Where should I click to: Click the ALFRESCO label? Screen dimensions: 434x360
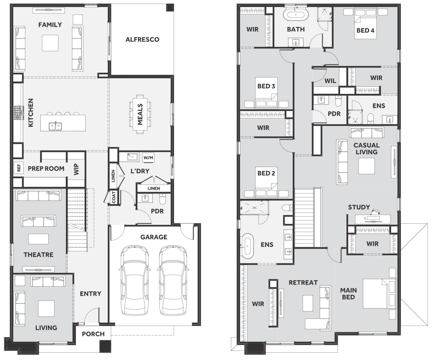pyautogui.click(x=142, y=39)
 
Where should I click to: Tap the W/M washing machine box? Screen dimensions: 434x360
pyautogui.click(x=148, y=158)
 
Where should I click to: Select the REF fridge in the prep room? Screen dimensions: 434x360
pyautogui.click(x=19, y=168)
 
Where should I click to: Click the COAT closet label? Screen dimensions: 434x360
pyautogui.click(x=114, y=197)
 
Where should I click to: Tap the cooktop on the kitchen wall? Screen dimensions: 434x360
pyautogui.click(x=17, y=113)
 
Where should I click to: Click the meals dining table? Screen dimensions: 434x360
pyautogui.click(x=140, y=114)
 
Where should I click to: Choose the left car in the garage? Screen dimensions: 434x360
pyautogui.click(x=135, y=280)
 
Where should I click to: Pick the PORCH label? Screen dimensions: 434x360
pyautogui.click(x=93, y=334)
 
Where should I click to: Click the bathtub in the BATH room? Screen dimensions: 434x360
pyautogui.click(x=296, y=15)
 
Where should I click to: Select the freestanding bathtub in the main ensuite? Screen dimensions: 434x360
pyautogui.click(x=247, y=245)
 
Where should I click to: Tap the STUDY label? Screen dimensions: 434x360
pyautogui.click(x=359, y=207)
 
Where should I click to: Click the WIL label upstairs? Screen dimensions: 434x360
pyautogui.click(x=330, y=81)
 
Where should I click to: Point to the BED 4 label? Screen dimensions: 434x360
pyautogui.click(x=365, y=30)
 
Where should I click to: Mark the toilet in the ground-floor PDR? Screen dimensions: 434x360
pyautogui.click(x=163, y=199)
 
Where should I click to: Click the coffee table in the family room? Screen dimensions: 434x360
pyautogui.click(x=50, y=43)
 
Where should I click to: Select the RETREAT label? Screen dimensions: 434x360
pyautogui.click(x=303, y=283)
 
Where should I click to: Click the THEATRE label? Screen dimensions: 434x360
pyautogui.click(x=39, y=255)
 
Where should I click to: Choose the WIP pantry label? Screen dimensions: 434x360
pyautogui.click(x=76, y=169)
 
